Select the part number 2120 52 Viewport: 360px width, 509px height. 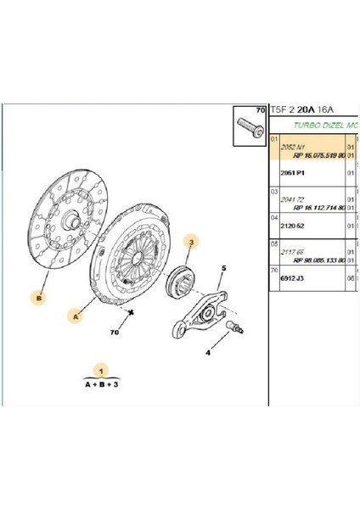(293, 226)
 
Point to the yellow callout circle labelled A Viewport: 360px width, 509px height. (76, 316)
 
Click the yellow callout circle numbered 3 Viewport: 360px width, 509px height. (192, 243)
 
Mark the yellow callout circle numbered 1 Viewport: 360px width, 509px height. (103, 372)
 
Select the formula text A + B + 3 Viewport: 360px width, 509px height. (103, 383)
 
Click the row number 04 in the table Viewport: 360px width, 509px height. (273, 217)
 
